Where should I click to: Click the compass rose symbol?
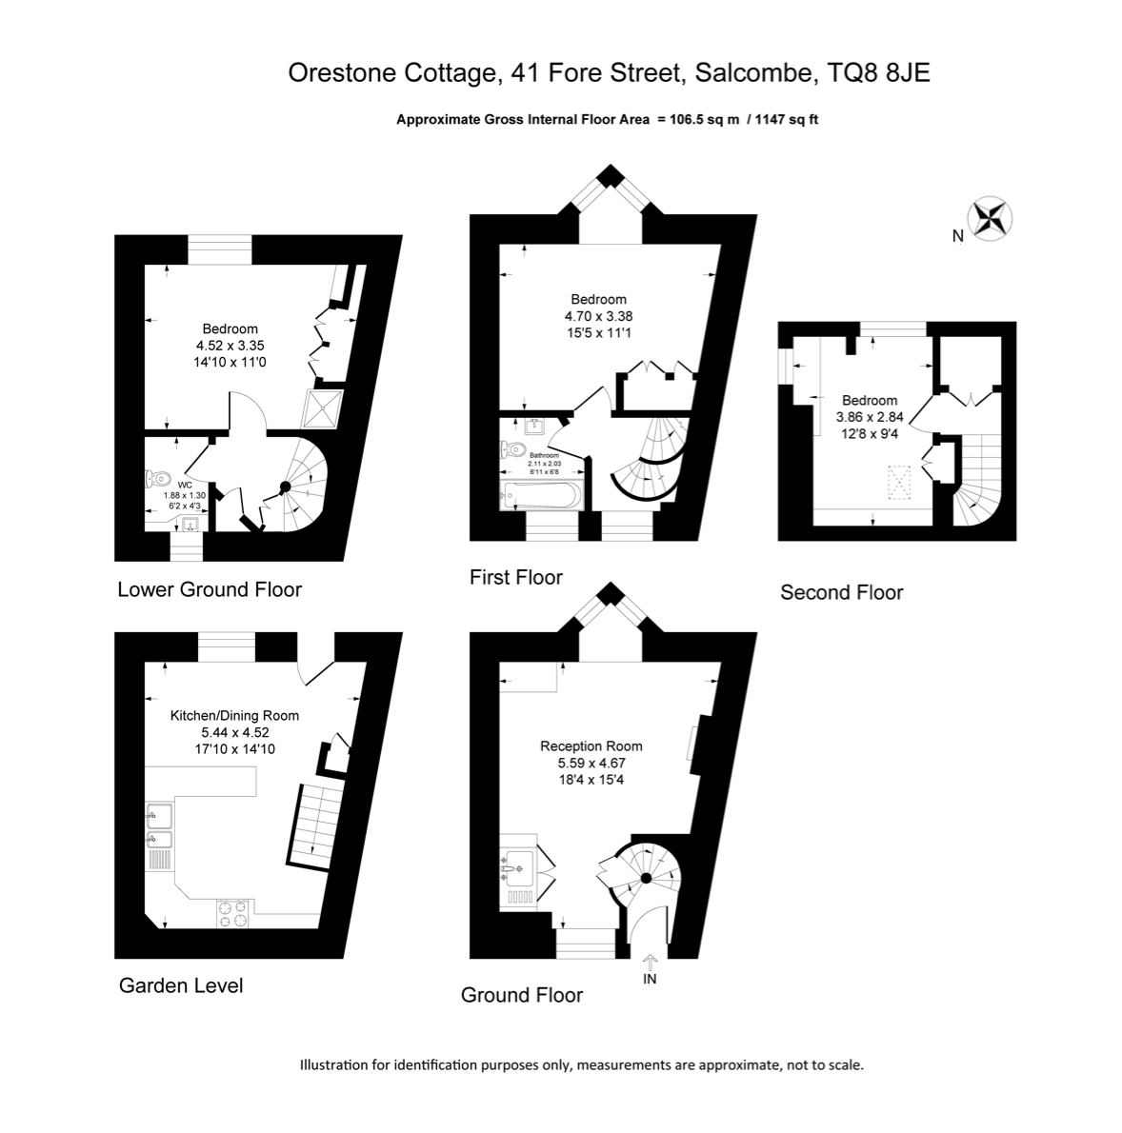pos(990,218)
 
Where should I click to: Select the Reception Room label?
pos(591,745)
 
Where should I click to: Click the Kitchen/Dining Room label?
pos(234,715)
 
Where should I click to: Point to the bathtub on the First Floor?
pos(540,496)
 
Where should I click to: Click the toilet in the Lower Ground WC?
pos(157,478)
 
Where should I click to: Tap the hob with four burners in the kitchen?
pos(232,913)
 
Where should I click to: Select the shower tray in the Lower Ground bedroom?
pos(322,408)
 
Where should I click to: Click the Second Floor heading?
pos(842,592)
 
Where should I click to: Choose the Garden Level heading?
pos(181,985)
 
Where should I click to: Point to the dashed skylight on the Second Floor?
pos(898,483)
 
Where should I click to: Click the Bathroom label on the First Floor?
pos(544,455)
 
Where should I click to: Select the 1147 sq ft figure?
pos(787,120)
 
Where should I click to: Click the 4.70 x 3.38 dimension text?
pos(598,316)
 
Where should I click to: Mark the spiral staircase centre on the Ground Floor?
pos(647,878)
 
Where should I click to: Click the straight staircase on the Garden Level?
pos(316,825)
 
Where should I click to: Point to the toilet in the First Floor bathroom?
pos(512,448)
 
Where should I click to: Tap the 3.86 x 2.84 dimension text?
pos(870,417)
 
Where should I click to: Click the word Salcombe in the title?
pos(752,73)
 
